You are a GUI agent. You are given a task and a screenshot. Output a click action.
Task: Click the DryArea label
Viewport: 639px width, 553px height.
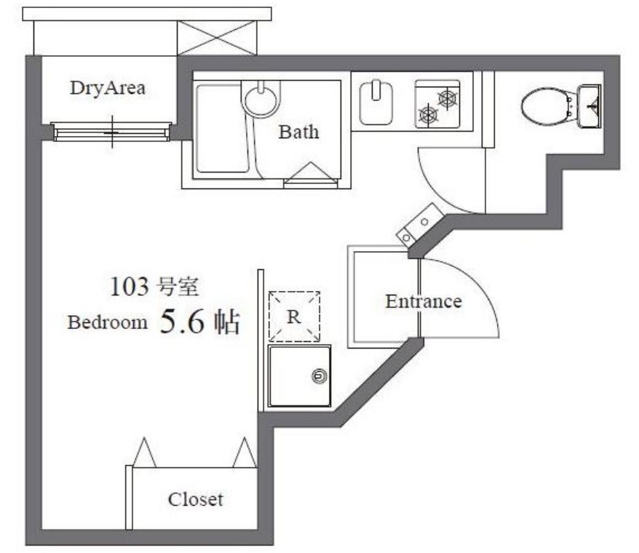107,89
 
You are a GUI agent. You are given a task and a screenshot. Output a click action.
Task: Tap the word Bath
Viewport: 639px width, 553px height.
299,132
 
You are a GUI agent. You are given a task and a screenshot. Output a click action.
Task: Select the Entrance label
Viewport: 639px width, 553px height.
423,301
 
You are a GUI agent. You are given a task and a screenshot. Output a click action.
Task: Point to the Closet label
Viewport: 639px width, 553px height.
195,500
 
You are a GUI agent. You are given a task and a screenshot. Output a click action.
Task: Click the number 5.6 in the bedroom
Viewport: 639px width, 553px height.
178,322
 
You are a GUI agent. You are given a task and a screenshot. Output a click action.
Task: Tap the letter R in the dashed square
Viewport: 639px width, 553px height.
294,316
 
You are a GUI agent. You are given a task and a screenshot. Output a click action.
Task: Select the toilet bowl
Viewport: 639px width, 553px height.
545,106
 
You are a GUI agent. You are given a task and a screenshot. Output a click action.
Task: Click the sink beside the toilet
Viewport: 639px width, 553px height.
590,106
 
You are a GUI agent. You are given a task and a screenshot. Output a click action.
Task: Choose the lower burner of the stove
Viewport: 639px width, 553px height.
428,114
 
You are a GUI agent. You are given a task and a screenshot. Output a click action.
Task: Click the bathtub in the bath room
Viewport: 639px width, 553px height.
222,130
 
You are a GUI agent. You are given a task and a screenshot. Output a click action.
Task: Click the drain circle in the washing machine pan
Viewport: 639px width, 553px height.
318,376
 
